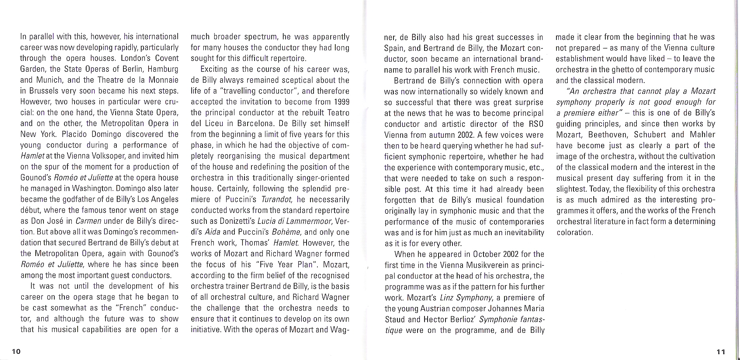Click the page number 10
[16, 351]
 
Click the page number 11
[721, 352]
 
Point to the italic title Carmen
[88, 221]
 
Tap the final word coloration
[575, 232]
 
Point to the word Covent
[167, 58]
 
